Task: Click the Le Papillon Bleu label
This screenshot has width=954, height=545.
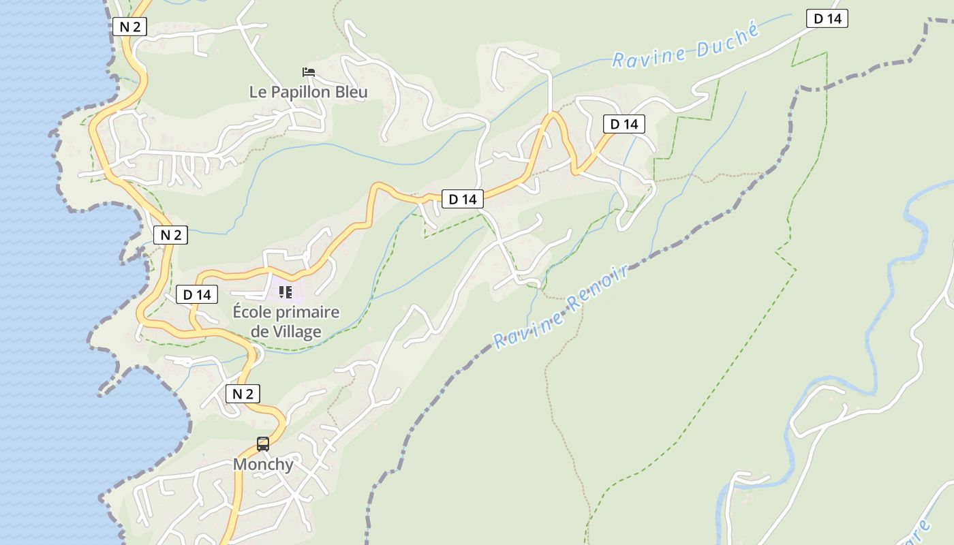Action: (x=308, y=92)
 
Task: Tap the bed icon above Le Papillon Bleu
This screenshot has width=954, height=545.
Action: (x=309, y=72)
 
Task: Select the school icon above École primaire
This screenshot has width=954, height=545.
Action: (x=286, y=293)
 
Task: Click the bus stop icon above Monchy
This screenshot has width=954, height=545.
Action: (x=263, y=444)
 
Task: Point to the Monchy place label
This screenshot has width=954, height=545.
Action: (x=263, y=465)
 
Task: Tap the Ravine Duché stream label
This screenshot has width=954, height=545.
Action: (x=685, y=46)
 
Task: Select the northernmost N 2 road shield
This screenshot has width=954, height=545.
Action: (x=129, y=27)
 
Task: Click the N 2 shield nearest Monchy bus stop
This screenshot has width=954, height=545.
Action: (x=243, y=394)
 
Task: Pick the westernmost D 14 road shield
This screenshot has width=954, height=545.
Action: (x=198, y=295)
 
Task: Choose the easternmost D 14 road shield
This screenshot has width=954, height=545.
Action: (x=827, y=18)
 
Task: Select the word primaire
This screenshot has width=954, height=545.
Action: (x=307, y=313)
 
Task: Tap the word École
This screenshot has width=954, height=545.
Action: (x=252, y=313)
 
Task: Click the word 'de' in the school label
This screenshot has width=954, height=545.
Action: (x=260, y=332)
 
